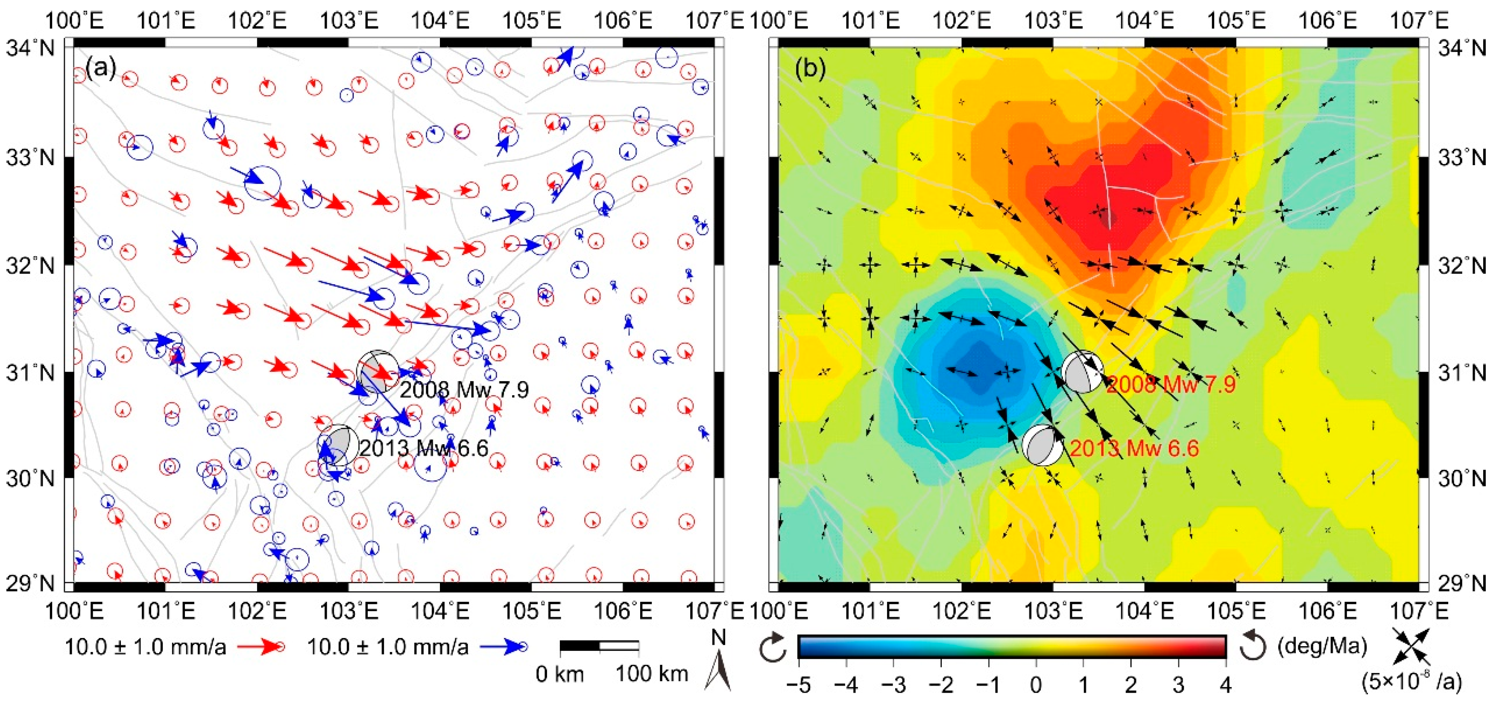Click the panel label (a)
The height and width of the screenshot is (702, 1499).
pos(101,69)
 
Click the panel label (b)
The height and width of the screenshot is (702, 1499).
pos(810,69)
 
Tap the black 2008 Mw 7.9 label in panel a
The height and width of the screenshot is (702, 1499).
pos(464,389)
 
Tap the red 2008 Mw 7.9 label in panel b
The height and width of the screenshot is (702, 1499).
pos(1170,384)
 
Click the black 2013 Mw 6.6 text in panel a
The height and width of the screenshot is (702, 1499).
pos(424,448)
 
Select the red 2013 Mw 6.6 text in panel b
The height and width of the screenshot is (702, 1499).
pos(1134,448)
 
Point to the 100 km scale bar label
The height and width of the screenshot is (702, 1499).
pos(652,673)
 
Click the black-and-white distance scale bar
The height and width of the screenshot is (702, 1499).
pos(599,646)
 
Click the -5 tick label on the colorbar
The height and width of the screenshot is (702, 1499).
pos(798,685)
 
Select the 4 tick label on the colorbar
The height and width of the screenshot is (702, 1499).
pos(1226,685)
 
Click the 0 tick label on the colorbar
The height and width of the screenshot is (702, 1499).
pos(1036,685)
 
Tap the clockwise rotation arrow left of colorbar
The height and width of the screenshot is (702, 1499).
pos(773,647)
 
